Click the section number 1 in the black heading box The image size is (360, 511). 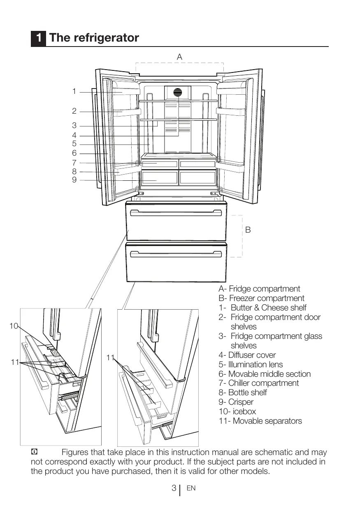tap(38, 38)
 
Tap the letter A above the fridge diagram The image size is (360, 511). tap(179, 57)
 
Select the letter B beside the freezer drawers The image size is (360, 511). tap(248, 230)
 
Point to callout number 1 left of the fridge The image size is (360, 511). tap(74, 91)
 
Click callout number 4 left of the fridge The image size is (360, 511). tap(74, 135)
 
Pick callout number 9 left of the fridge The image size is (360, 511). tap(74, 180)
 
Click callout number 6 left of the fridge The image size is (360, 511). tap(74, 153)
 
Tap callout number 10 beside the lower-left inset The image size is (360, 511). tap(14, 326)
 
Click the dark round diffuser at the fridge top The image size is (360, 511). tap(178, 92)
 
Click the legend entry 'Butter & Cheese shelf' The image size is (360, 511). tap(268, 308)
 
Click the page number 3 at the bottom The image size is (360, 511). tap(174, 488)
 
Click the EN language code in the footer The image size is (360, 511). tap(191, 488)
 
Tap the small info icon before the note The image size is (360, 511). tap(35, 452)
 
